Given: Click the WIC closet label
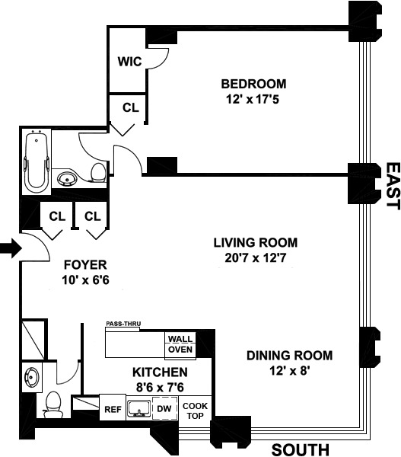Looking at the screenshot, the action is pyautogui.click(x=129, y=62).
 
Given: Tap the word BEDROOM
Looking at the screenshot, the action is pyautogui.click(x=253, y=84).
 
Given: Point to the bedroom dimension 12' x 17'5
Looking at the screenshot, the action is pyautogui.click(x=253, y=99).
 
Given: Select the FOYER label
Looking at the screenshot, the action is pyautogui.click(x=85, y=265).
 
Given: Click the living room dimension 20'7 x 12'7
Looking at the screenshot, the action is pyautogui.click(x=256, y=258).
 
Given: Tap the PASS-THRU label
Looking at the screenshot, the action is pyautogui.click(x=123, y=324).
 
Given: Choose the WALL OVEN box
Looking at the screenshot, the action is pyautogui.click(x=180, y=344).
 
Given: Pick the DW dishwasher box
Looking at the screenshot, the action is pyautogui.click(x=164, y=408).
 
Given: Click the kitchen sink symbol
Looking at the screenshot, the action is pyautogui.click(x=139, y=407).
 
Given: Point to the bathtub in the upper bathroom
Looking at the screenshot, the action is pyautogui.click(x=37, y=161).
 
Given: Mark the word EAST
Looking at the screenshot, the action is pyautogui.click(x=393, y=186).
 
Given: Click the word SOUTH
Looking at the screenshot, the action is pyautogui.click(x=301, y=449).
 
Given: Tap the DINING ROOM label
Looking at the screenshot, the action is pyautogui.click(x=289, y=356).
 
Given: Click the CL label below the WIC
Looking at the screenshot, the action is pyautogui.click(x=131, y=107).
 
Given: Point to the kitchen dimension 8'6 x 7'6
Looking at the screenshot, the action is pyautogui.click(x=160, y=388).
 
